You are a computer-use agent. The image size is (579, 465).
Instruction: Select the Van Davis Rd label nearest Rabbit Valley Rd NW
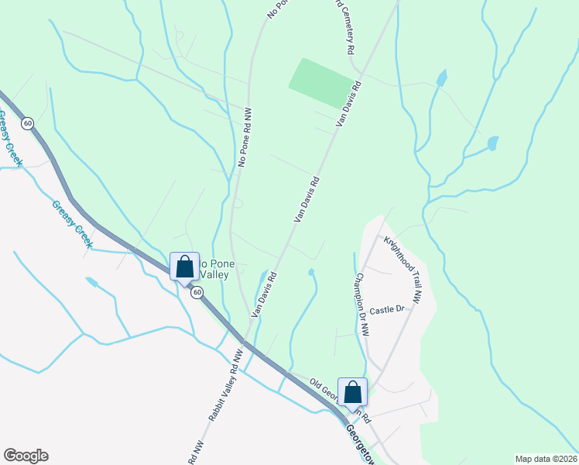click(263, 293)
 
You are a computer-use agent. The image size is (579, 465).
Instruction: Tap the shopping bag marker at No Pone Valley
click(185, 268)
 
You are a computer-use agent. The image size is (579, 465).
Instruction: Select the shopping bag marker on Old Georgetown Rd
click(353, 394)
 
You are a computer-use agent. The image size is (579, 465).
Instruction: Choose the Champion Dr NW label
click(362, 304)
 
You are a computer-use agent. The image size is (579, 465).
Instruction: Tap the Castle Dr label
click(387, 310)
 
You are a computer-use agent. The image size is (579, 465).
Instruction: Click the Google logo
click(26, 456)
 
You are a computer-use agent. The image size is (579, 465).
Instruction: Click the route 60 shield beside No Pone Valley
click(197, 292)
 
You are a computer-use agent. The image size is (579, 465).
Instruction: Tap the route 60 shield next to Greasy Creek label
click(28, 123)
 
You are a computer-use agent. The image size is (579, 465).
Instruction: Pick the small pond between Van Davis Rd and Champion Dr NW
click(311, 272)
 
